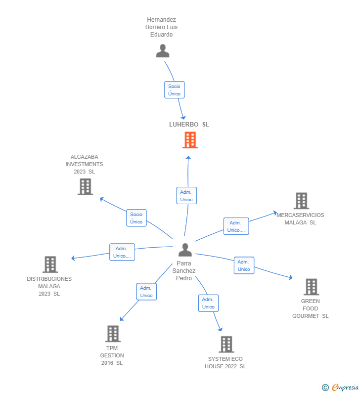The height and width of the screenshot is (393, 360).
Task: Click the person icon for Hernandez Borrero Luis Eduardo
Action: coord(162,51)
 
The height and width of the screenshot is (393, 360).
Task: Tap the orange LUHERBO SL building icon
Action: coord(190,140)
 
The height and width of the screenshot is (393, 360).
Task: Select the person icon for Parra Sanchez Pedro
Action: coord(184,250)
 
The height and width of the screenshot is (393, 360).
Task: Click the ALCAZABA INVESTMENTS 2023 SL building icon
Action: coord(85,186)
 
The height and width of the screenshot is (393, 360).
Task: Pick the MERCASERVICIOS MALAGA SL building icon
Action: coord(301,201)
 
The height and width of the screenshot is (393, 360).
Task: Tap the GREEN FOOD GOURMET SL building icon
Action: coord(311,287)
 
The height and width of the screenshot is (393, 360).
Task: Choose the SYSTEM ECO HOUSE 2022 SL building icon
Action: coord(226,344)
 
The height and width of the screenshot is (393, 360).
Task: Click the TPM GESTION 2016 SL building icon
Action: coord(113,334)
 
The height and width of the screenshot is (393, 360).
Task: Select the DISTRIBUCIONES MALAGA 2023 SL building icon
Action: coord(50,264)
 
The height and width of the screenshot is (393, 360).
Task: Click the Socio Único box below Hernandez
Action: coord(174,90)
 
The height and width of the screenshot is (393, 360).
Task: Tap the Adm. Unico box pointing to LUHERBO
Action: coord(186,196)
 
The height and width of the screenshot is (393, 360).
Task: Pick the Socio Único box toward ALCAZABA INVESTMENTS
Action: coord(136,218)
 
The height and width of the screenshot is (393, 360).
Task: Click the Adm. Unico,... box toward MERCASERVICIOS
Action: coord(236,226)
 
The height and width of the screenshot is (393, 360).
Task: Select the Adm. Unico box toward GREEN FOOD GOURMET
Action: coord(244,265)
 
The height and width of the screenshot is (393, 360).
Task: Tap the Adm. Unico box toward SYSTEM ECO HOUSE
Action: coord(208,303)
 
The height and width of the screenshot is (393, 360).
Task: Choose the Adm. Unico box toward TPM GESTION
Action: coord(146,292)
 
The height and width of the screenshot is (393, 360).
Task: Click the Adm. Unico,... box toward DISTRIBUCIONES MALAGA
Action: coord(122,252)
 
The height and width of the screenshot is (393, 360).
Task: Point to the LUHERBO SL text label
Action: coord(189,125)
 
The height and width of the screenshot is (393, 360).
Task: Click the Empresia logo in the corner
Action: coord(345,387)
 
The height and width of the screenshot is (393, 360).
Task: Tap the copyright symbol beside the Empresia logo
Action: coord(325,388)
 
